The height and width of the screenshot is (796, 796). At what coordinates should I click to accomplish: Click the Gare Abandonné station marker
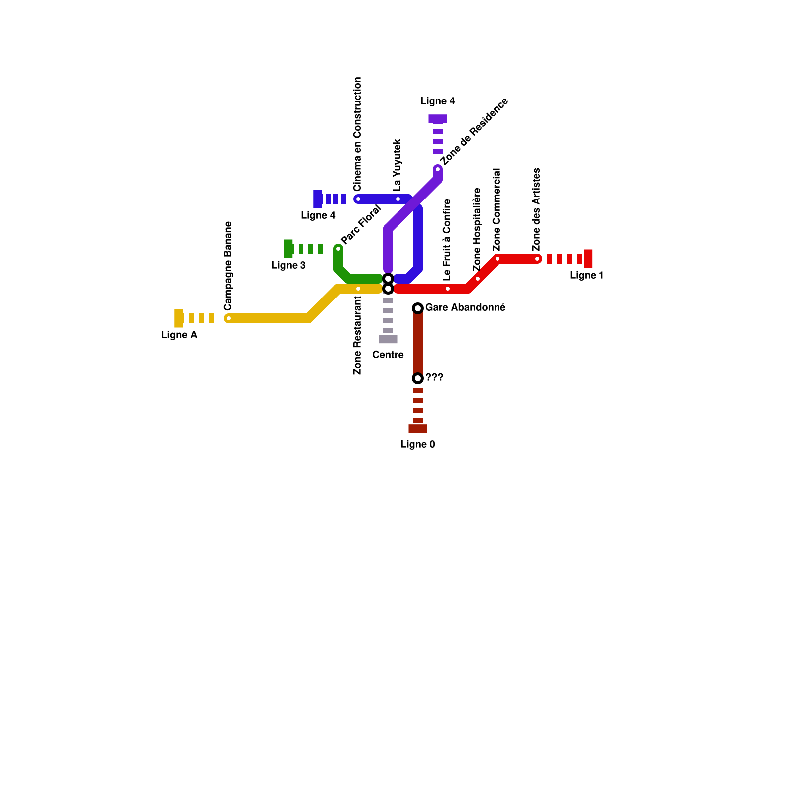pos(418,308)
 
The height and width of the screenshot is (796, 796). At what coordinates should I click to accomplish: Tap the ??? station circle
pos(418,378)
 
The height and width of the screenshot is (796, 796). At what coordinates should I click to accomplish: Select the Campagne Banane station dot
pos(229,318)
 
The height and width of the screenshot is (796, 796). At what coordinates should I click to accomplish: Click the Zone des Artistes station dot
pos(537,259)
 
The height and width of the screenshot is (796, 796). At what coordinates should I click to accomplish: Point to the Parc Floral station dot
pos(338,249)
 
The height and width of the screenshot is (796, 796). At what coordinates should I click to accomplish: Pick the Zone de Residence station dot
pos(438,169)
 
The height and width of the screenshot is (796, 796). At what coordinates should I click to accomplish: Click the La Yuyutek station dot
pos(398,199)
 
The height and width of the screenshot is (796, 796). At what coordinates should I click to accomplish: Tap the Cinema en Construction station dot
pos(358,199)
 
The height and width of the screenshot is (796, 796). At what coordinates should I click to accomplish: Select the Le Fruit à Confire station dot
pos(448,289)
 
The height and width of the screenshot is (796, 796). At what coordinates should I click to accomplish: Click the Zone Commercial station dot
pos(497,259)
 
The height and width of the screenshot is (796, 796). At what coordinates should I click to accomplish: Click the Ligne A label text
pos(179,335)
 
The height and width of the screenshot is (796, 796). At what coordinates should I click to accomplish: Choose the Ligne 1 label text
pos(587,276)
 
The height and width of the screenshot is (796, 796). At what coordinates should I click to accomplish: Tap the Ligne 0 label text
pos(418,445)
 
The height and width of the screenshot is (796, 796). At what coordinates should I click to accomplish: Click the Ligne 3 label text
pos(289,266)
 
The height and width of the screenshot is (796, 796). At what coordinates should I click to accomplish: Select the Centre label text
pos(388,355)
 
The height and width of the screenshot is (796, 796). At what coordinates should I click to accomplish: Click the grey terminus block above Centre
pos(388,339)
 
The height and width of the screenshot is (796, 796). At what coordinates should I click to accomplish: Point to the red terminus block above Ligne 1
pos(588,259)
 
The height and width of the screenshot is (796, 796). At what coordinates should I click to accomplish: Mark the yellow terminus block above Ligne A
pos(179,318)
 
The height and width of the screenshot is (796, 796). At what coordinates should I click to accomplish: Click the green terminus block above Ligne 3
pos(288,249)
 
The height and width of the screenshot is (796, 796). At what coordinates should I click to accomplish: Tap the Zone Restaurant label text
pos(357,335)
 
